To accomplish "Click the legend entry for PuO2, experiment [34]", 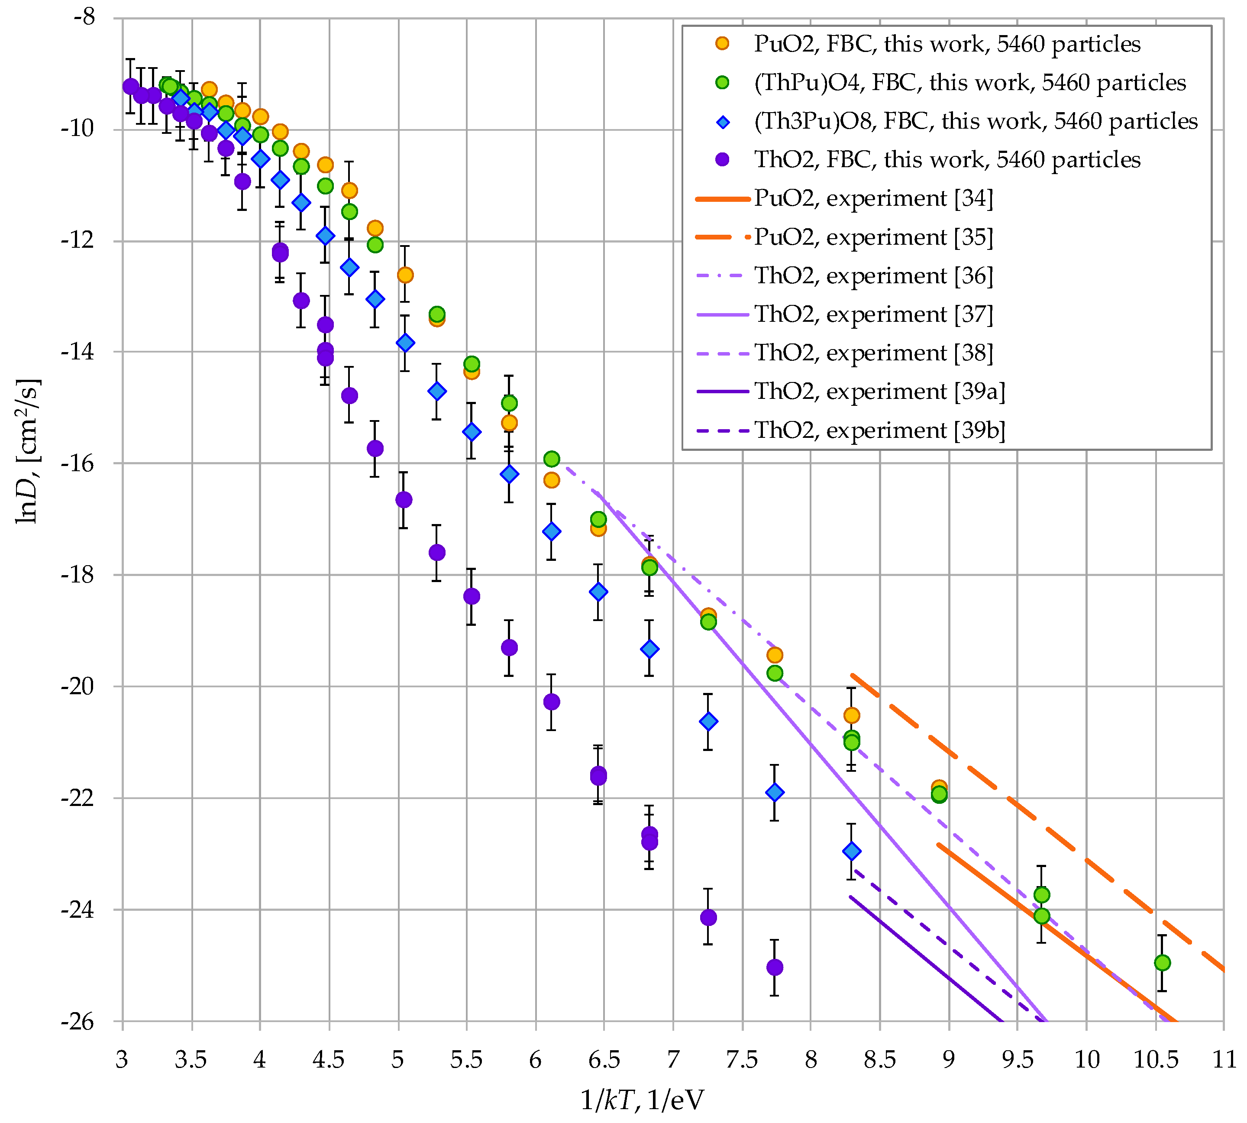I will coord(873,199).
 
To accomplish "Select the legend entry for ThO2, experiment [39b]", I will coord(879,430).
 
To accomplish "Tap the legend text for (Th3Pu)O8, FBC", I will coord(975,122).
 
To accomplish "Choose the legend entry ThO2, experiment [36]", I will coord(873,276).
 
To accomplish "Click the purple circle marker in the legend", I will coord(722,160).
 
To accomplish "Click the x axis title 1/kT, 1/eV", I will coord(642,1100).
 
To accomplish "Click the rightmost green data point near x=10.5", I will coord(1162,963).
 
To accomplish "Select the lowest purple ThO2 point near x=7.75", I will coord(774,968).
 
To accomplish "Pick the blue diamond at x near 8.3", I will coord(852,851).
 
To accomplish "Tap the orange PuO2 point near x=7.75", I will coord(774,655).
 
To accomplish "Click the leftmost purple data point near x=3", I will coord(130,86).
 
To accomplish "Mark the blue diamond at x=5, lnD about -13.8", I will coord(405,343).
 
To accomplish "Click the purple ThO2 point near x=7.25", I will coord(708,918).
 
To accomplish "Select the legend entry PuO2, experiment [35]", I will coord(873,238).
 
